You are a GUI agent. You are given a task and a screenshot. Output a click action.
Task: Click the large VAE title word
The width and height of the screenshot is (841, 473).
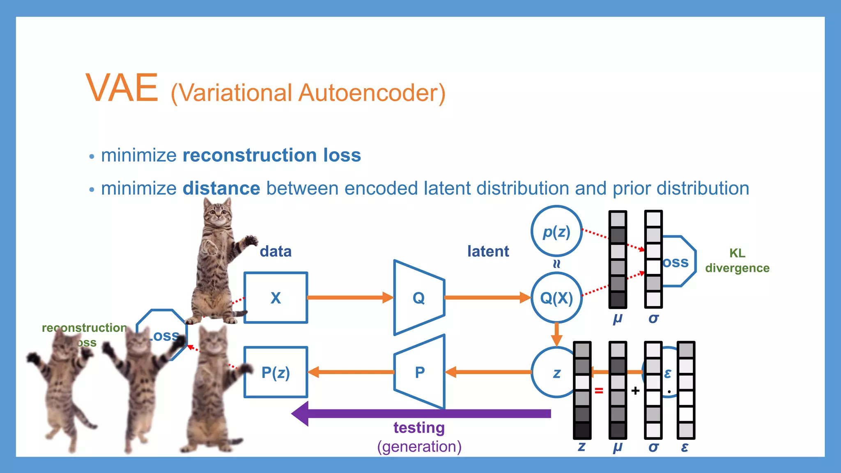[x=122, y=88]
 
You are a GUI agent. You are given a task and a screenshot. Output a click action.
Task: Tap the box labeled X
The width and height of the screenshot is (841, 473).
[x=276, y=298]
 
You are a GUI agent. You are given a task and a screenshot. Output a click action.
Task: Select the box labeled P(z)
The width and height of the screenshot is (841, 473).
[x=276, y=372]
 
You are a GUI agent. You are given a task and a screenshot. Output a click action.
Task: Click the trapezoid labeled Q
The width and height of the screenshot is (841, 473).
[x=419, y=298]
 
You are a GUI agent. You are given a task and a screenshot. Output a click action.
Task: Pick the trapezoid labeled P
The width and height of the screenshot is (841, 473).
[x=420, y=372]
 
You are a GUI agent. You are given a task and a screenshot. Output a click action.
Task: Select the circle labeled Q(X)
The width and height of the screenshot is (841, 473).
[x=556, y=298]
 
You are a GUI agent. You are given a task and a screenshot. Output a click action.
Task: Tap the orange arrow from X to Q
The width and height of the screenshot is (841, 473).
[x=349, y=298]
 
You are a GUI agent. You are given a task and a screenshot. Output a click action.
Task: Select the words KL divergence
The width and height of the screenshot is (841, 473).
[x=737, y=260]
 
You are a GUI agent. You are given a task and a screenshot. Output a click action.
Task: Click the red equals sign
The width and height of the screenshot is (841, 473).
[x=599, y=390]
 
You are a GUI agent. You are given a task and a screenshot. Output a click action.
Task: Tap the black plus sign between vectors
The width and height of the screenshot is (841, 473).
[x=635, y=390]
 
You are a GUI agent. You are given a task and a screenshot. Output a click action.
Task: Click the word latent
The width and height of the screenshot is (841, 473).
[x=488, y=251]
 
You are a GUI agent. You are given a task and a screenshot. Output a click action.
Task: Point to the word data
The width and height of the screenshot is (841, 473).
[x=276, y=251]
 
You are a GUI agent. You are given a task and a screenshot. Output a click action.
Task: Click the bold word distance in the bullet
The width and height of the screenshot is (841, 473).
[x=221, y=188]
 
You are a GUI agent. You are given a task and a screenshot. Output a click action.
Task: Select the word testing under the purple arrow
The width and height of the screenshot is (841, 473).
[x=419, y=428]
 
